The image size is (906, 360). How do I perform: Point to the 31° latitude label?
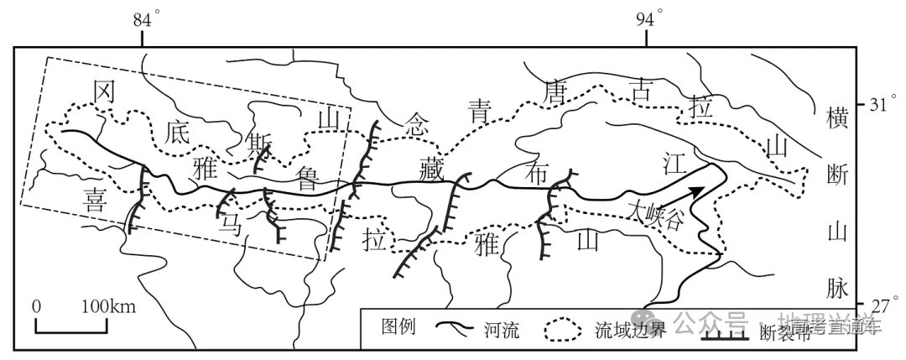tap(880, 106)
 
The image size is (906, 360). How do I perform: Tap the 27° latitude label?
tap(880, 304)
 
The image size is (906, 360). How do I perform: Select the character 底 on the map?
tap(179, 131)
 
